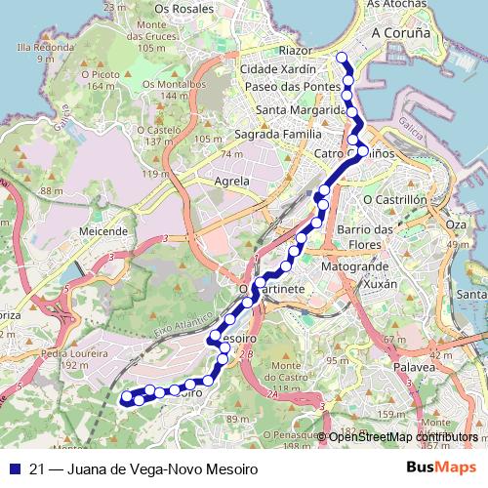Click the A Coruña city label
pyautogui.click(x=400, y=32)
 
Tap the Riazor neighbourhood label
pyautogui.click(x=296, y=50)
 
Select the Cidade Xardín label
pyautogui.click(x=278, y=70)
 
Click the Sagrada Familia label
pyautogui.click(x=277, y=134)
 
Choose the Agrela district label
pyautogui.click(x=231, y=181)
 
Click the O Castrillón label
pyautogui.click(x=395, y=199)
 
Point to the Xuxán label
pyautogui.click(x=379, y=284)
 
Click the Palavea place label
pyautogui.click(x=414, y=367)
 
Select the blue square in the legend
pyautogui.click(x=14, y=469)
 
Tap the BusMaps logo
pyautogui.click(x=441, y=468)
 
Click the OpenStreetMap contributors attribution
pyautogui.click(x=402, y=437)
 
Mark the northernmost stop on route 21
pyautogui.click(x=342, y=58)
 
